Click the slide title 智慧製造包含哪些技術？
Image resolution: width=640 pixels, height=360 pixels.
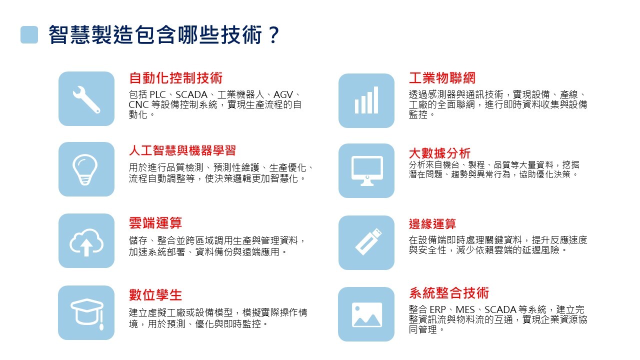164,35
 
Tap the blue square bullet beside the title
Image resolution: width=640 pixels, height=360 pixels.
29,35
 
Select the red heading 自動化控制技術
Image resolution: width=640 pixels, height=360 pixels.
175,78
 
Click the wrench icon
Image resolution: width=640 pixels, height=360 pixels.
86,99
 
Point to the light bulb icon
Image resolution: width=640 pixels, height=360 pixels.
85,169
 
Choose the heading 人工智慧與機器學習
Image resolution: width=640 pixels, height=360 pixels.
182,150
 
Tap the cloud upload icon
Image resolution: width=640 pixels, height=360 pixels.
86,242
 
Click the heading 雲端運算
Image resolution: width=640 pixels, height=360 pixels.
155,223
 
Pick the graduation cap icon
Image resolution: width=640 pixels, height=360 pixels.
87,313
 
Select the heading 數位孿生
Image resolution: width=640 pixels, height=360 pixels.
155,295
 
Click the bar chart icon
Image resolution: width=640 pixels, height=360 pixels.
366,100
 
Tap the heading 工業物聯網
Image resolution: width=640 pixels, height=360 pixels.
442,78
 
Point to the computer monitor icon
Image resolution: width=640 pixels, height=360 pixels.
367,170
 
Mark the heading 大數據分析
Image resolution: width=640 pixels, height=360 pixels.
439,153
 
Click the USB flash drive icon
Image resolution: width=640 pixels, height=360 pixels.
368,241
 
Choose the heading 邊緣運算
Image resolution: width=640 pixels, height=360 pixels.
432,224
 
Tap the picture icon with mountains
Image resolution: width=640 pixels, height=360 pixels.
367,314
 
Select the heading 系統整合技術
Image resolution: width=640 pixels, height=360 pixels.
449,293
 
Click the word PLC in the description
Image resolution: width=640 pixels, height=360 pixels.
157,94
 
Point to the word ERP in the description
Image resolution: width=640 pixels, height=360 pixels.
437,309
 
